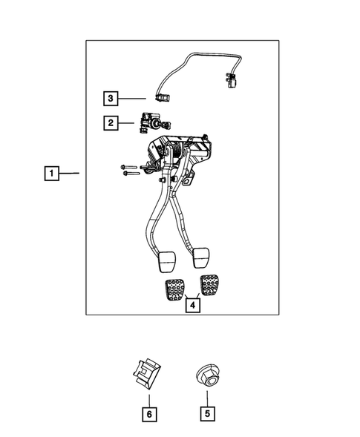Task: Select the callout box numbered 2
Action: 110,123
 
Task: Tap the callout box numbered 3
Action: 110,97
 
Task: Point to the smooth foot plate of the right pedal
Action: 200,257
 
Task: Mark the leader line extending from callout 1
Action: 71,174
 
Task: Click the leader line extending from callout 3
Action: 134,97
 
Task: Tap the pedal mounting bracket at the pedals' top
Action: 182,152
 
